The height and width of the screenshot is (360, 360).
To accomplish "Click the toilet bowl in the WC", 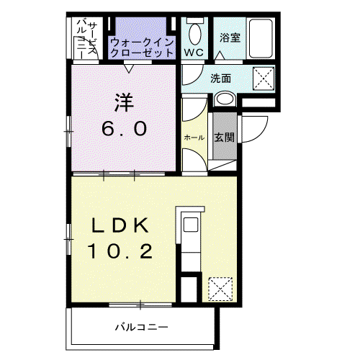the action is coord(194,34).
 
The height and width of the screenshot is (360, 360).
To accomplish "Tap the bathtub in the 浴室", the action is coord(261,38).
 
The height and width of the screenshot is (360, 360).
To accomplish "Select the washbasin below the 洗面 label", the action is coord(225,99).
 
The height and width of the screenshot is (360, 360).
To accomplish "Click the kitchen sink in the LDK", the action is coord(191,225).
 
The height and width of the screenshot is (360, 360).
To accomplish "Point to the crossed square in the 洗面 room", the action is coord(264,78).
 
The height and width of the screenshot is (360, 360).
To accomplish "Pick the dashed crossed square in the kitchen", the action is coord(220,289).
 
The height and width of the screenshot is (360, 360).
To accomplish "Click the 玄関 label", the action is coord(224,138).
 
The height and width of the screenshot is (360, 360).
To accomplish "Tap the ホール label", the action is coord(194,138).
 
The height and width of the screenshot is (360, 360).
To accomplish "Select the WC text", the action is coord(194,53).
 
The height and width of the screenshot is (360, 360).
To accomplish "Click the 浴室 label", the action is coord(230,38).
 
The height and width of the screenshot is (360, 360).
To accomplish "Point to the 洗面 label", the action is coord(220,78).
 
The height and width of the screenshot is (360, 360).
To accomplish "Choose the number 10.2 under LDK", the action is coord(120,251).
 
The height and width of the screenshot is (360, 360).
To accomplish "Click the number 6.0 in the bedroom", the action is coord(124,128).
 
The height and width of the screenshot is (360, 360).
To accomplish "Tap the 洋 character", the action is coord(124,103).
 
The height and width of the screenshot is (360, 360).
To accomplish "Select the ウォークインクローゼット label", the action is coord(142,48).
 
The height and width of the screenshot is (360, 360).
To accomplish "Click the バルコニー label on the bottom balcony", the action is coord(142,327).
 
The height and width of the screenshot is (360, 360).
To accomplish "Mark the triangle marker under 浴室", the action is coord(220,55).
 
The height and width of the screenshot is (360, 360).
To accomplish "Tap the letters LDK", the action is coord(120,225).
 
